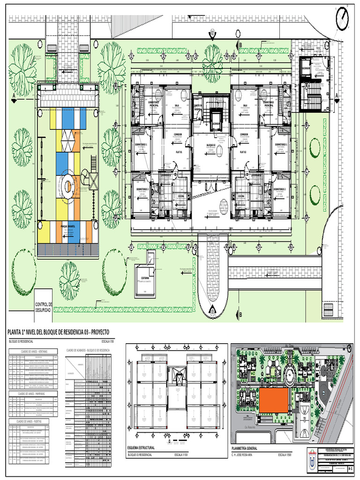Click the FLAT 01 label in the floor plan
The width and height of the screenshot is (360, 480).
pyautogui.click(x=179, y=152)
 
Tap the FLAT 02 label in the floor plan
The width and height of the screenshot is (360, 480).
pyautogui.click(x=243, y=152)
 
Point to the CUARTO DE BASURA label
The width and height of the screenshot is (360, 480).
pyautogui.click(x=199, y=107)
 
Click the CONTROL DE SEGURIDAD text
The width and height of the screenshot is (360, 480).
pyautogui.click(x=44, y=307)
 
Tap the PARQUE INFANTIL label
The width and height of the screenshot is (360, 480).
pyautogui.click(x=68, y=225)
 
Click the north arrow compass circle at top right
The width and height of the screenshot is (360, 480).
pyautogui.click(x=343, y=19)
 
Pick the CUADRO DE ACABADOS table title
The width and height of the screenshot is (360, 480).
pyautogui.click(x=88, y=350)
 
